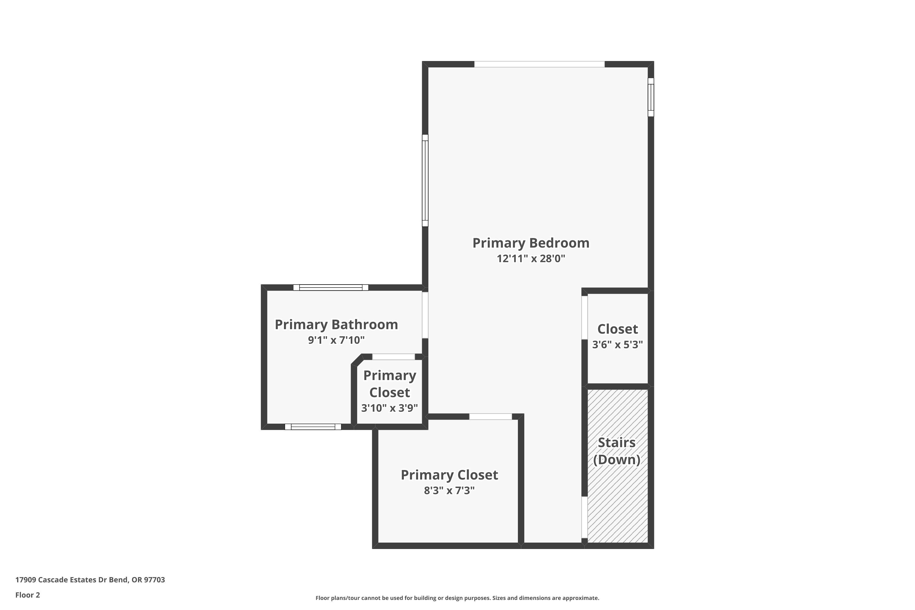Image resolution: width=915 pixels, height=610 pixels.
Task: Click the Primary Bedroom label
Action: coord(531,243)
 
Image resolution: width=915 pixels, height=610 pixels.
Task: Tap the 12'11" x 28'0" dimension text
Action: coord(531,259)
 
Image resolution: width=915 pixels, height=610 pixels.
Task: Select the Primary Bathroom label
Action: coord(336,325)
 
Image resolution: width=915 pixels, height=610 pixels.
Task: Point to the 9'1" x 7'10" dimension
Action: coord(336,340)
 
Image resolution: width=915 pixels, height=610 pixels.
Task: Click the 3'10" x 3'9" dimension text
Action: coord(389,408)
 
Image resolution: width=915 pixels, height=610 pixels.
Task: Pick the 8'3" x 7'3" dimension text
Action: coord(449,490)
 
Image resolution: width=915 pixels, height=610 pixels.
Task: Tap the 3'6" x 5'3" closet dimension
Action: coord(617,345)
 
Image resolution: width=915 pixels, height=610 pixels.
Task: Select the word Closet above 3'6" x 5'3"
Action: coord(617,329)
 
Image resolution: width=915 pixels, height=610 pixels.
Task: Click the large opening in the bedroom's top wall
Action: coord(539,64)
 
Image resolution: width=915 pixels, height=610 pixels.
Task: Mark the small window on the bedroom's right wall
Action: coord(651,97)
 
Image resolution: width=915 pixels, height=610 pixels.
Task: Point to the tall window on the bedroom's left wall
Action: coord(425,181)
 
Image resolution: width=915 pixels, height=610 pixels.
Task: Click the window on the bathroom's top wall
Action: coord(331,288)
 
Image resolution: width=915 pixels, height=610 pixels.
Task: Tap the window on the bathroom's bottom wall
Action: coord(313,427)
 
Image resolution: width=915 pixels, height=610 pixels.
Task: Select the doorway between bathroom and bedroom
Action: coord(425,315)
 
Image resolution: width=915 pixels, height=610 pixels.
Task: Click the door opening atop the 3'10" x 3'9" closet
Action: coord(393,357)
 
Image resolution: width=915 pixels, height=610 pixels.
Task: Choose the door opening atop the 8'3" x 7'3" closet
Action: coord(490,417)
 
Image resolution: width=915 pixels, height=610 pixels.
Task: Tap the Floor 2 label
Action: coord(28,595)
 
